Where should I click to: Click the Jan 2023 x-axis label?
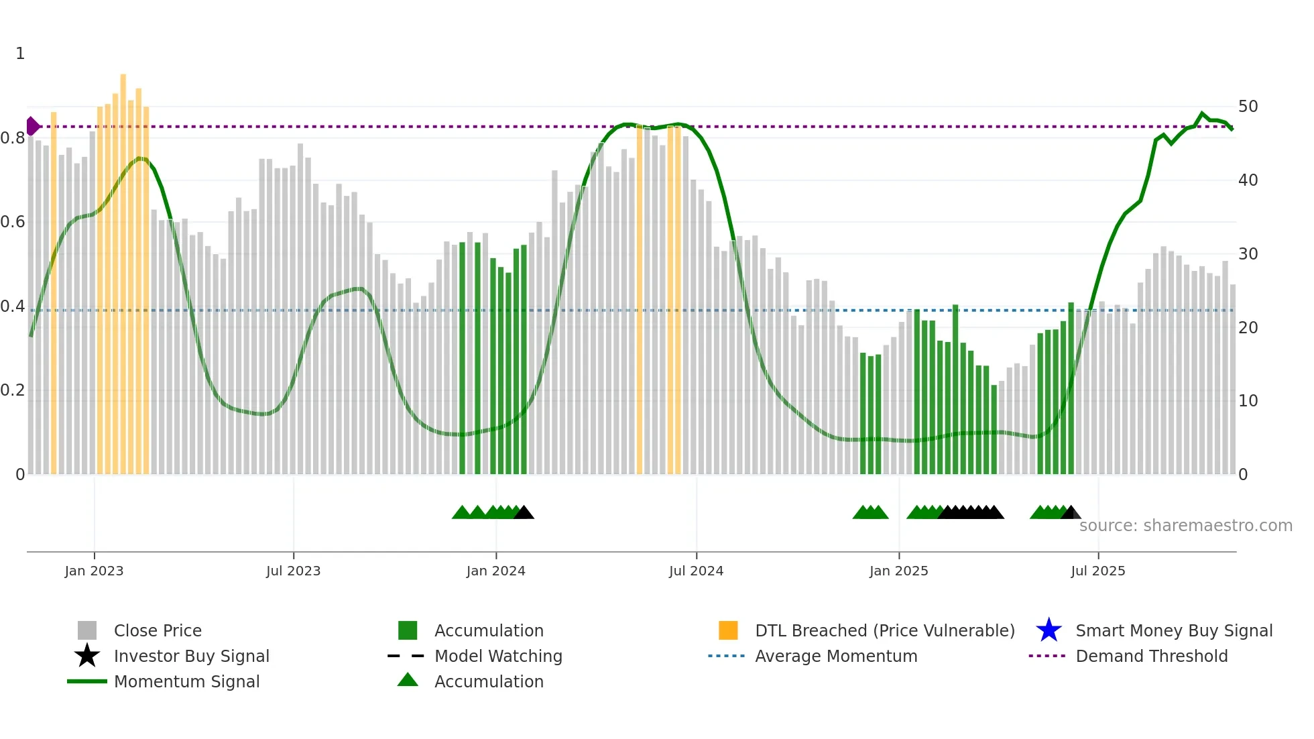coord(94,571)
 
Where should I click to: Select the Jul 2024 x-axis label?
coord(696,571)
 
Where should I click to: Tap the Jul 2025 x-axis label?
coord(1097,571)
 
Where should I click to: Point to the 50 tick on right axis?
coord(1248,107)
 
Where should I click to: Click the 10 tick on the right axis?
coord(1248,401)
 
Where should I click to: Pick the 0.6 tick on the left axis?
coord(13,222)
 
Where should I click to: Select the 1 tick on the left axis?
coord(20,54)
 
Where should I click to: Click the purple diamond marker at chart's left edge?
coord(32,126)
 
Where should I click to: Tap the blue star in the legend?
coord(1049,630)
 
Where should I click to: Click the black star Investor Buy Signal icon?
coord(87,656)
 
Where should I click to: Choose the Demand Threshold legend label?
coord(1151,656)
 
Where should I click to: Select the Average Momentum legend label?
coord(835,656)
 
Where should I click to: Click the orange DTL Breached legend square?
coord(728,630)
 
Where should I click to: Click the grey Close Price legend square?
coord(87,630)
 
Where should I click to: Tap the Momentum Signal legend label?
coord(186,681)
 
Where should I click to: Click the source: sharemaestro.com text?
coord(1185,526)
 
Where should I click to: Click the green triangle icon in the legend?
coord(408,680)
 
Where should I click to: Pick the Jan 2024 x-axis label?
coord(495,571)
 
